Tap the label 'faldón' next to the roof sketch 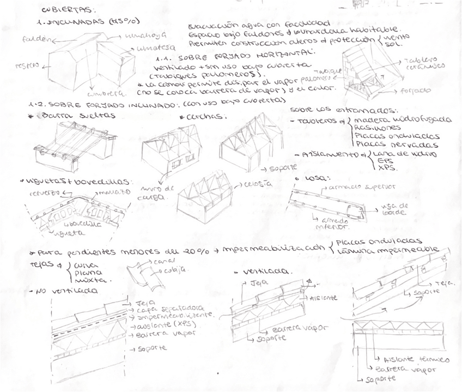34,40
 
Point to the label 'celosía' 259,183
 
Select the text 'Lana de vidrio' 398,154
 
